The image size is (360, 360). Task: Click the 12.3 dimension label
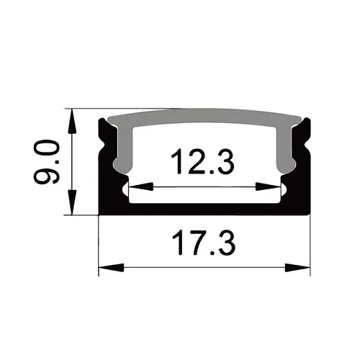click(202, 161)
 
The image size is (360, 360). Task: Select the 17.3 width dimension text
click(204, 243)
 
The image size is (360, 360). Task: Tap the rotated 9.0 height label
click(46, 162)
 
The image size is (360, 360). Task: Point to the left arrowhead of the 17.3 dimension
click(112, 268)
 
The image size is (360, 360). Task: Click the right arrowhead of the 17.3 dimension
click(297, 268)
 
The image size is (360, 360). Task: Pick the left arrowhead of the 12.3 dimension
click(141, 186)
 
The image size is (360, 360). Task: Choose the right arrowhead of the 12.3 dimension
click(268, 186)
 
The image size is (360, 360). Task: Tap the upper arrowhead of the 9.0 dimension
click(72, 121)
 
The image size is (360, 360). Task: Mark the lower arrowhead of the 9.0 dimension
click(72, 202)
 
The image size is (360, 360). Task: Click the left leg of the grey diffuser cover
click(124, 150)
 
